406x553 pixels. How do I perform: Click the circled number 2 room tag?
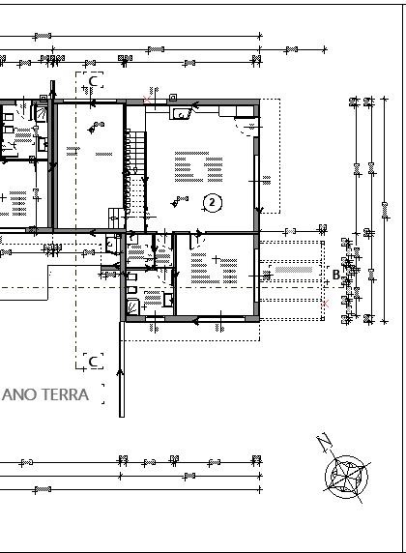(213, 202)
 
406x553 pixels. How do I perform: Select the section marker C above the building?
(94, 80)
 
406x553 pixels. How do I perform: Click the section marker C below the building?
(94, 361)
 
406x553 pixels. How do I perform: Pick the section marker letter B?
(335, 275)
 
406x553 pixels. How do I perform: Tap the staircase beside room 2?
(135, 155)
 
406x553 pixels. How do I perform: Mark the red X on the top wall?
(145, 100)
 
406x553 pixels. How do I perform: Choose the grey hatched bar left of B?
(294, 274)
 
